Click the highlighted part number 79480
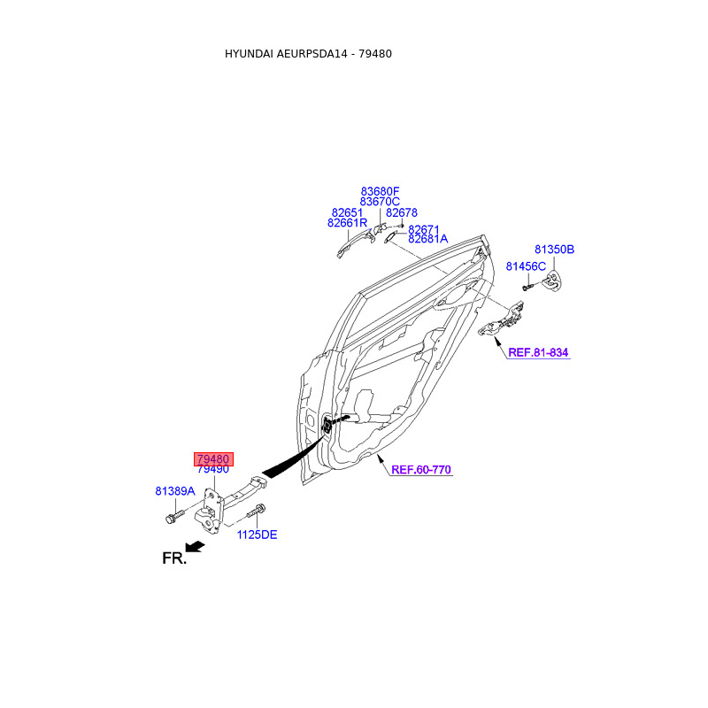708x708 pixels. (213, 459)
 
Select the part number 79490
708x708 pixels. (213, 469)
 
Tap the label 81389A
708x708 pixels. (174, 490)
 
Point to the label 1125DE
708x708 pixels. (256, 535)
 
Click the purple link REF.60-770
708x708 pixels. (421, 470)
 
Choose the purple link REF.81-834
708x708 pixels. (538, 352)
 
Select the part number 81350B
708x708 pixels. (554, 250)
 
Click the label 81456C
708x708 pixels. (526, 265)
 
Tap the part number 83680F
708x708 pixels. (380, 191)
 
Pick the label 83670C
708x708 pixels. (380, 202)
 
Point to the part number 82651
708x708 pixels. (348, 212)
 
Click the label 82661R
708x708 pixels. (347, 223)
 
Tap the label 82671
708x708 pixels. (423, 228)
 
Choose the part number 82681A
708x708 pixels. (427, 239)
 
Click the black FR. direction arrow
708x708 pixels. (194, 548)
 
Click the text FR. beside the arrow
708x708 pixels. (174, 558)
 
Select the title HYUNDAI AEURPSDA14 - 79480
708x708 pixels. (308, 54)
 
